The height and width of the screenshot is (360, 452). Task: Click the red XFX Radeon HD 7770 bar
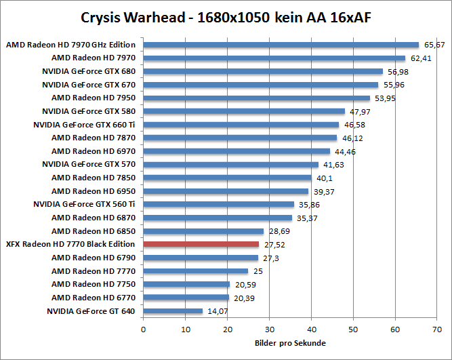(201, 244)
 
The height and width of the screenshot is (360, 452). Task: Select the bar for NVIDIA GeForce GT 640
(173, 311)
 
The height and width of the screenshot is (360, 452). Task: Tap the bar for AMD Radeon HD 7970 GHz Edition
(281, 45)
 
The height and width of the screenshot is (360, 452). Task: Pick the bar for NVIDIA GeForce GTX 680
(263, 72)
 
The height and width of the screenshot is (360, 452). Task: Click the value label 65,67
(434, 45)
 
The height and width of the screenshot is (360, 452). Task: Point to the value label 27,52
(274, 244)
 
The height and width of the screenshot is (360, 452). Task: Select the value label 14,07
(217, 311)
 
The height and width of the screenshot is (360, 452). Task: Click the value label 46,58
(354, 125)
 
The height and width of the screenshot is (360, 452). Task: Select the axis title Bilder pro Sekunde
(290, 343)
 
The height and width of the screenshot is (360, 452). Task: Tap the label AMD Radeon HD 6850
(94, 231)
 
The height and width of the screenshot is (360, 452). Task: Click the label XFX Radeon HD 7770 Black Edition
(70, 244)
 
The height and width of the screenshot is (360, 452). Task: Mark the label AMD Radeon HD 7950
(94, 98)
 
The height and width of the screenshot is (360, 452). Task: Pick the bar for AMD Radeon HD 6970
(237, 151)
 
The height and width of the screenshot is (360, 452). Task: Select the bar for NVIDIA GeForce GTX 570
(230, 165)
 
